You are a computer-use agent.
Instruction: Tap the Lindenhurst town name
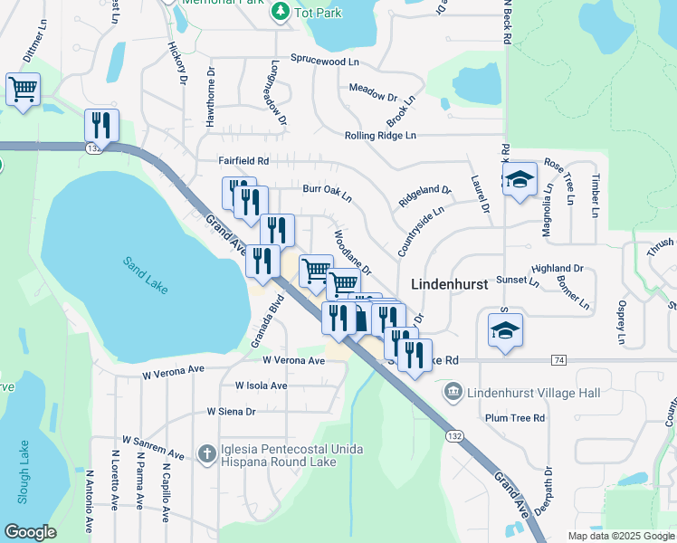point(449,283)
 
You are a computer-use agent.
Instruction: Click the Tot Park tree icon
point(281,11)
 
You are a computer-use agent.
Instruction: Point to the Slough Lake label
point(24,472)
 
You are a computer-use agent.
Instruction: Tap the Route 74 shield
point(558,360)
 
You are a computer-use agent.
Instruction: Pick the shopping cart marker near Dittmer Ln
point(23,90)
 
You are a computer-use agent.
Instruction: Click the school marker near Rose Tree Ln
point(520,179)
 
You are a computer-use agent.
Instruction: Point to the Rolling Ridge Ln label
point(380,136)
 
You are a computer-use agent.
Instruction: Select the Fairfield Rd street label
point(244,160)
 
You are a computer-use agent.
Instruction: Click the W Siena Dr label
point(232,411)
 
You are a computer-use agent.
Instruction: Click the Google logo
point(30,532)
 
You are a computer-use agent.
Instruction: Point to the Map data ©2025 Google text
point(620,536)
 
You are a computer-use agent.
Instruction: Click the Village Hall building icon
point(453,393)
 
